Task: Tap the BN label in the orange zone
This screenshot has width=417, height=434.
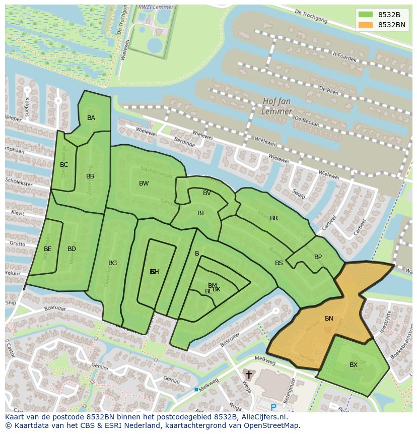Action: pyautogui.click(x=329, y=319)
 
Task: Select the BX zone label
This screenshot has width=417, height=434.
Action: pyautogui.click(x=354, y=365)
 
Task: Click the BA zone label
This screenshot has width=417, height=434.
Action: pyautogui.click(x=91, y=118)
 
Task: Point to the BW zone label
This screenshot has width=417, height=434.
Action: pyautogui.click(x=144, y=183)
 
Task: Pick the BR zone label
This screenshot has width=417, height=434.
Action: pyautogui.click(x=274, y=218)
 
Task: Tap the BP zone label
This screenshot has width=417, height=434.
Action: pyautogui.click(x=318, y=257)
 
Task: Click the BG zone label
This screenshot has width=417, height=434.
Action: pyautogui.click(x=112, y=263)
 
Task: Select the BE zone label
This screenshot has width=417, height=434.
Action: pyautogui.click(x=47, y=249)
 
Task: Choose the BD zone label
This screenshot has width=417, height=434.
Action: pyautogui.click(x=72, y=249)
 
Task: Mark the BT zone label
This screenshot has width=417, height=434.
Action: pyautogui.click(x=201, y=213)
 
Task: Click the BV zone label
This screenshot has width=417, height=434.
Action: pyautogui.click(x=207, y=193)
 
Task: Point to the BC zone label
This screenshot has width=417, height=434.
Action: pyautogui.click(x=64, y=165)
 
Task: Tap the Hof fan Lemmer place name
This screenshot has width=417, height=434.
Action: pyautogui.click(x=277, y=106)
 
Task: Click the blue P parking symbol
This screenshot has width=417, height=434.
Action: pyautogui.click(x=273, y=407)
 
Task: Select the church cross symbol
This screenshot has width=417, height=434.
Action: pyautogui.click(x=248, y=375)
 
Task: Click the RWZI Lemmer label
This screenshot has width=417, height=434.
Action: pyautogui.click(x=156, y=7)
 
